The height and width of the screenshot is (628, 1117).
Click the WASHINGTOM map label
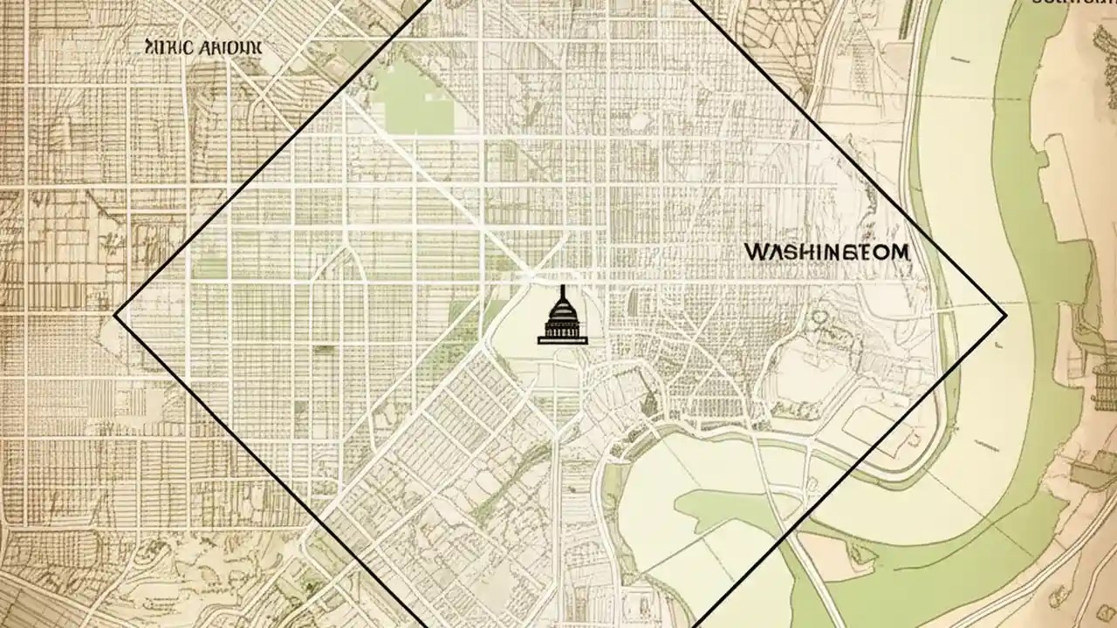[826, 252]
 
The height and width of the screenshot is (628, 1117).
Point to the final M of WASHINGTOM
[899, 252]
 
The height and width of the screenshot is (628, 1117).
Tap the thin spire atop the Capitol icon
[563, 290]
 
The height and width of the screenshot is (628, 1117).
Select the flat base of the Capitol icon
[563, 340]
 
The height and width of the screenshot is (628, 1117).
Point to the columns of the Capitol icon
[563, 330]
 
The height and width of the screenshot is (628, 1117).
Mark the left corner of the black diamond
[116, 315]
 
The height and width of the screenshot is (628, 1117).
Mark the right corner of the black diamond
[1005, 315]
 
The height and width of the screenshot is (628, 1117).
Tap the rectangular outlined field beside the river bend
[877, 422]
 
